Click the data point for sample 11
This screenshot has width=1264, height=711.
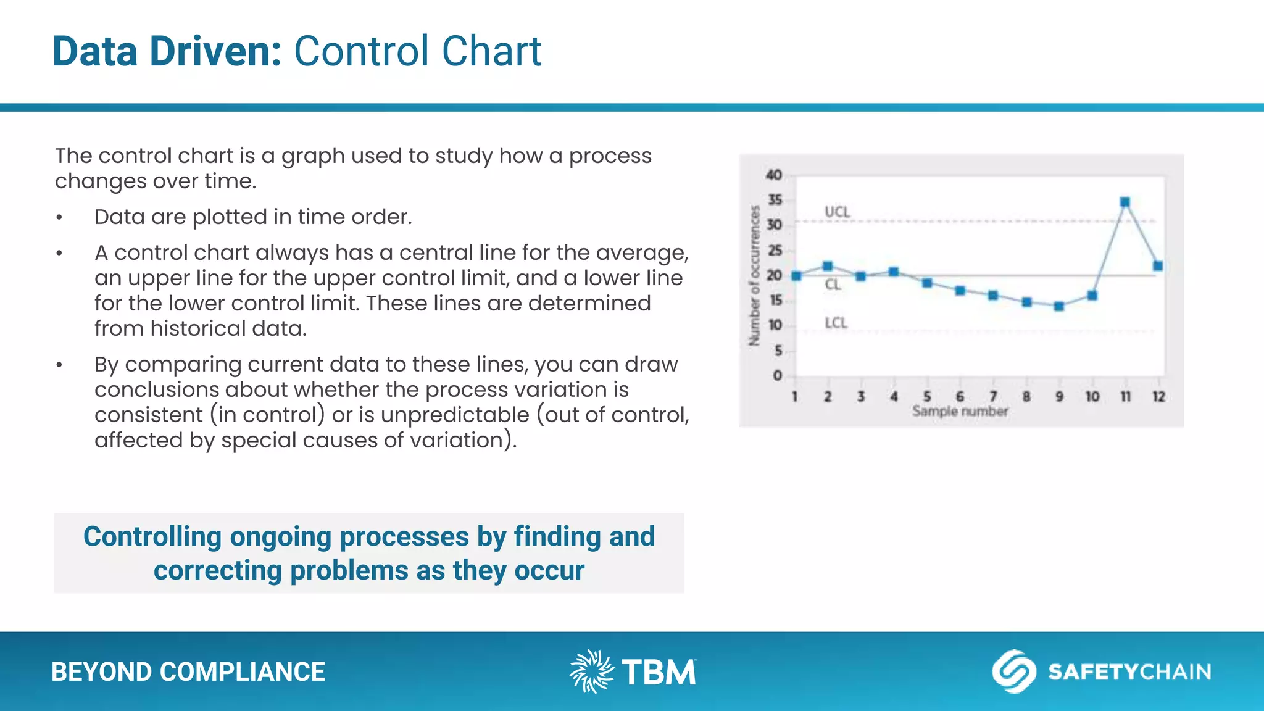[x=1125, y=202]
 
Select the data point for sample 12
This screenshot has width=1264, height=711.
[x=1158, y=266]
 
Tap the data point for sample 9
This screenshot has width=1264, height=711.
[x=1059, y=306]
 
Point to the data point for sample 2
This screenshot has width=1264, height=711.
[x=828, y=266]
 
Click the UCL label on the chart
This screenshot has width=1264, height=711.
[x=838, y=212]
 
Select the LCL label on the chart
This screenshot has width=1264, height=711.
[x=836, y=323]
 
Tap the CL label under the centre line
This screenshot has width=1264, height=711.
[x=833, y=285]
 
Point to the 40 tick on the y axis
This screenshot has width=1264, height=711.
[x=774, y=175]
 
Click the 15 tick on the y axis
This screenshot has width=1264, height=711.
[x=775, y=301]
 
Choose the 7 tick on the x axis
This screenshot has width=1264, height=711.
[x=993, y=397]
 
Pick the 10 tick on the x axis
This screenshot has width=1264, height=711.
[x=1092, y=397]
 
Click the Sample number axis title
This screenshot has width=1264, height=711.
[x=960, y=411]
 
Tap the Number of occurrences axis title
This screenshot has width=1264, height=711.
[x=754, y=275]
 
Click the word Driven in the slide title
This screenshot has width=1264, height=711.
[x=215, y=51]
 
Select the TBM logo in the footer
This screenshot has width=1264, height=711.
[x=633, y=671]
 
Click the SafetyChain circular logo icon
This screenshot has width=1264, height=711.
[x=1013, y=671]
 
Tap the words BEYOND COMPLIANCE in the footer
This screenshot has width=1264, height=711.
[x=188, y=672]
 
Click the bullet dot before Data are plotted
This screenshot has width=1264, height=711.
[x=59, y=218]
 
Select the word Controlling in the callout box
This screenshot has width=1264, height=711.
[x=152, y=536]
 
